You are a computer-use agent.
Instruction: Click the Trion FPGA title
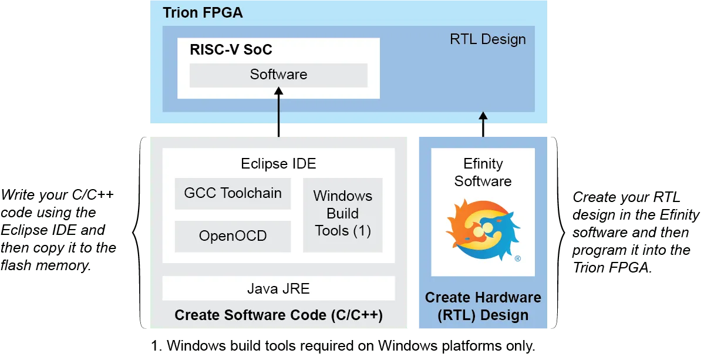click(x=203, y=12)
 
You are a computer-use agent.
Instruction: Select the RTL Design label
click(x=487, y=39)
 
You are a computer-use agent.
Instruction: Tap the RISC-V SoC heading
click(x=231, y=49)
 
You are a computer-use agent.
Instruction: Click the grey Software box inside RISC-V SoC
click(x=278, y=75)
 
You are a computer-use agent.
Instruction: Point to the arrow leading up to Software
click(x=278, y=112)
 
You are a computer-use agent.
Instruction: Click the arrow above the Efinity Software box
click(x=483, y=125)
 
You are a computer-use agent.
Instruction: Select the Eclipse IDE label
click(x=278, y=163)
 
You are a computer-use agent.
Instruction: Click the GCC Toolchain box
click(x=233, y=193)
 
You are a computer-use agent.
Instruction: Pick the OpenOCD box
click(x=233, y=236)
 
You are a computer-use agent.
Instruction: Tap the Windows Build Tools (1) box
click(x=342, y=215)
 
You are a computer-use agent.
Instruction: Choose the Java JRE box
click(x=278, y=288)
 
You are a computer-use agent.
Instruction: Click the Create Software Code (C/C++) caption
click(x=278, y=315)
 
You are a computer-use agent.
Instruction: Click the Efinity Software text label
click(x=483, y=173)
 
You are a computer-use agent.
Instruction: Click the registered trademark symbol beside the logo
click(x=518, y=258)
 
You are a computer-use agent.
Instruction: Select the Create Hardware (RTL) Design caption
click(x=483, y=306)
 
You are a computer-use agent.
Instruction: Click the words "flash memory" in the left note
click(x=46, y=265)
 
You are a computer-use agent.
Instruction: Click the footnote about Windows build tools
click(x=343, y=346)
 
